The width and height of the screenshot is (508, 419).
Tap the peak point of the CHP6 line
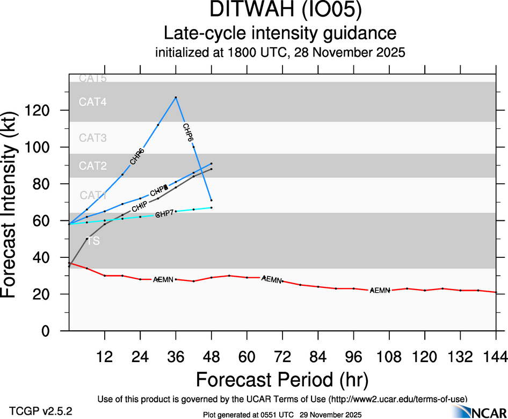coord(176,97)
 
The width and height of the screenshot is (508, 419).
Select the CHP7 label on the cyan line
coord(164,214)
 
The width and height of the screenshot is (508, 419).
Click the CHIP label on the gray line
coord(140,205)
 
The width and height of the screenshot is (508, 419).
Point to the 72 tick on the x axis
coord(282,357)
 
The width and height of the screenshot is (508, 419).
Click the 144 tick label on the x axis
coord(496,357)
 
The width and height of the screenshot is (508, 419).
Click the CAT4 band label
coord(93,102)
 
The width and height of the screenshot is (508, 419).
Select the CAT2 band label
coord(93,166)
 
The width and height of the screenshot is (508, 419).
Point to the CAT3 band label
coord(93,138)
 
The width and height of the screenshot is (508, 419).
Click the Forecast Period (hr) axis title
coord(282,379)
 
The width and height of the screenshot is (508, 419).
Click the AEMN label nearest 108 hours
coord(380,290)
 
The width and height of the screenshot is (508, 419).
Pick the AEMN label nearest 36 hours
coord(163,279)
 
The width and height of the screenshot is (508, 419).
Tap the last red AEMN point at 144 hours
coord(496,292)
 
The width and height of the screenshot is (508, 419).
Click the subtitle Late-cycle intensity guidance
coord(280,33)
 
